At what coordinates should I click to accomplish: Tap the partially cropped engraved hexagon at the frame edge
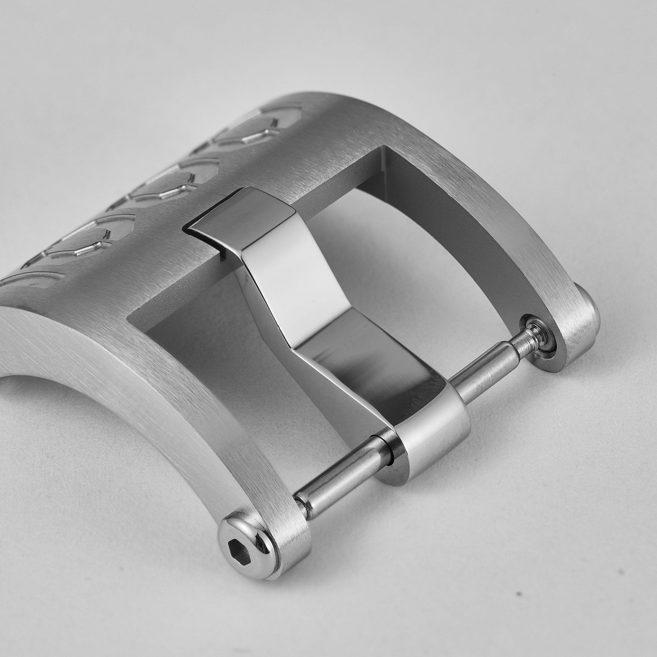click(x=31, y=282)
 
